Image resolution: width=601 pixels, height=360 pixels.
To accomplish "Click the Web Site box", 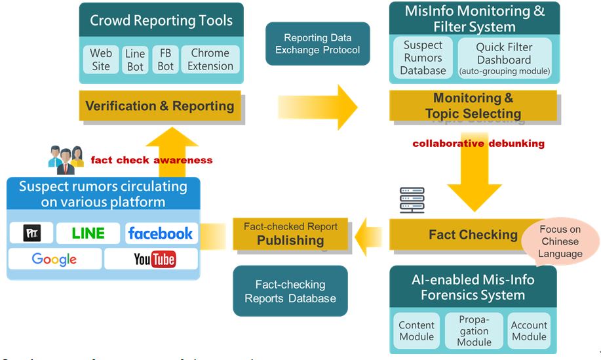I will (x=101, y=60).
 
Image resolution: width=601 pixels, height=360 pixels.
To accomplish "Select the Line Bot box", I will (x=135, y=60).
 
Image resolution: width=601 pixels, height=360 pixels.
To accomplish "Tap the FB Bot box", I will (x=166, y=60).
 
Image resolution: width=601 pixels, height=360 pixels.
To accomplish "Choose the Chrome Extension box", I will (x=210, y=60).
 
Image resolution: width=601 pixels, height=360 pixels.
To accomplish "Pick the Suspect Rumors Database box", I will (x=423, y=58).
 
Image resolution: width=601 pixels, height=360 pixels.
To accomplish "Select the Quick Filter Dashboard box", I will (x=504, y=58).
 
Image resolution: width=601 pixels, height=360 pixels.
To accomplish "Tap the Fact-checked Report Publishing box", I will (x=290, y=234).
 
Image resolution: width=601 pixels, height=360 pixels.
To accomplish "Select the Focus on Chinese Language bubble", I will (x=560, y=241).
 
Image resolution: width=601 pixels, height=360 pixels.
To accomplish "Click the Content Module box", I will (x=416, y=331).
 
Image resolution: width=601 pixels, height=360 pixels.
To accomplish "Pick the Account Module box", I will (x=529, y=331).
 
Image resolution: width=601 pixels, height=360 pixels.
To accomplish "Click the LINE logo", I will (x=88, y=233).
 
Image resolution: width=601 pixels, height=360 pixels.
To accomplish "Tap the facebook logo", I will (x=161, y=233).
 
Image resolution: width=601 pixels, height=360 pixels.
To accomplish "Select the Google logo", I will (x=54, y=259).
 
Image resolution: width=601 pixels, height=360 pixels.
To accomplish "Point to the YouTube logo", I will (x=155, y=260).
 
